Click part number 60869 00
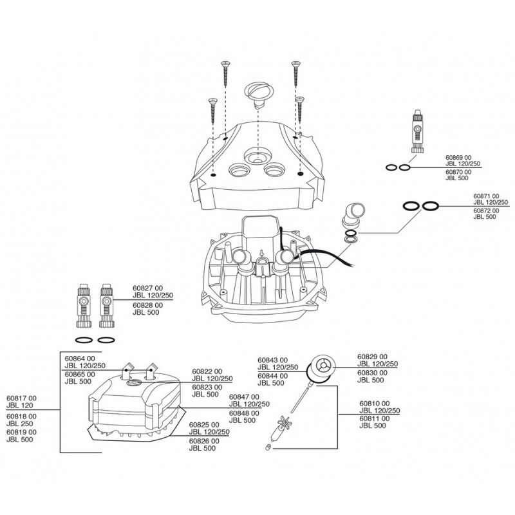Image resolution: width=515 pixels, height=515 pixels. pos(458,157)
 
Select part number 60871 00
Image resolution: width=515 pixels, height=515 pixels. pos(486,195)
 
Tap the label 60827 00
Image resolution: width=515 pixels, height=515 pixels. pos(146,288)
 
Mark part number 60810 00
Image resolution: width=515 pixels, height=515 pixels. pos(373,402)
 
